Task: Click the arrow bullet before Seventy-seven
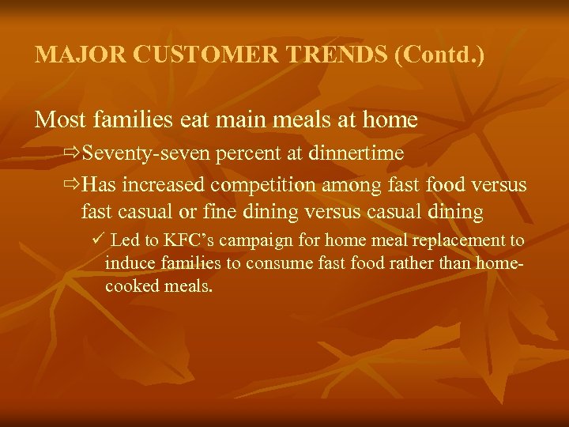click(x=73, y=152)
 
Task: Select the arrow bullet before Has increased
click(x=73, y=185)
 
